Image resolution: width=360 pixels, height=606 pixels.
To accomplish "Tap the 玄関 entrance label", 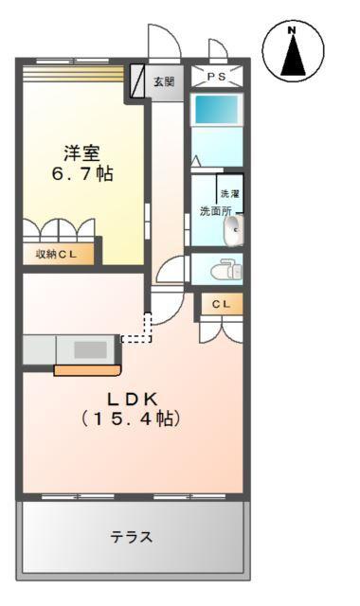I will point(164,82).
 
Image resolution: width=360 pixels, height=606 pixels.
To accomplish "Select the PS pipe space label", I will point(218,77).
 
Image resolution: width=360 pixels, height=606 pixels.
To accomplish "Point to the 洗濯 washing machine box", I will point(230,193).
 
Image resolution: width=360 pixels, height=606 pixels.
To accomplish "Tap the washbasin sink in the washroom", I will point(233,228).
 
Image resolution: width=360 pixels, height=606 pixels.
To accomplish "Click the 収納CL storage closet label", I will point(57,254).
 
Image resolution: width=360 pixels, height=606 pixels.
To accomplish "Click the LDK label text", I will point(131,397).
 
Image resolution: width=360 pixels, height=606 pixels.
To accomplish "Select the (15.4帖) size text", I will point(131,418).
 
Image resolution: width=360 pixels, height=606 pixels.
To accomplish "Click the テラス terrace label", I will point(131,537).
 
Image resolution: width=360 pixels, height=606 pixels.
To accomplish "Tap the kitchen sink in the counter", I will point(90,349).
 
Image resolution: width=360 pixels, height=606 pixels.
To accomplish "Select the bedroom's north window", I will point(73,69).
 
